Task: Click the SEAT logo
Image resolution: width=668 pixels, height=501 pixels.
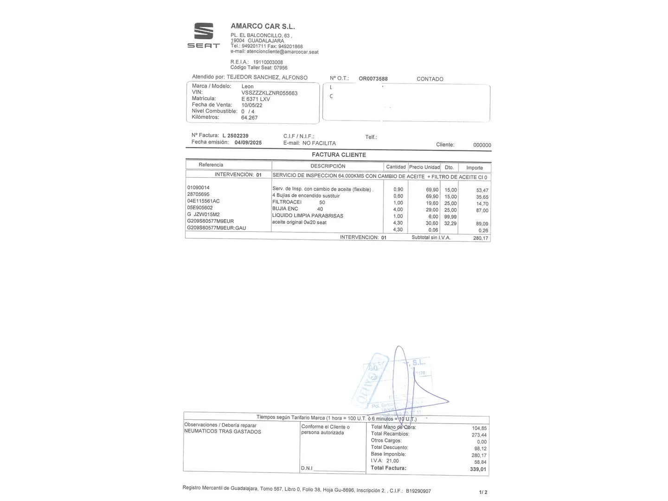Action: (x=203, y=35)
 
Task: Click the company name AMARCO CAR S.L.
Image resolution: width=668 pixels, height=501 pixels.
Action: (x=263, y=26)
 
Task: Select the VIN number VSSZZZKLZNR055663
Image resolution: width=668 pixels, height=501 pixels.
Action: (x=270, y=93)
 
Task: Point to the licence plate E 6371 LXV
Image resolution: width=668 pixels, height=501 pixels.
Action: (x=256, y=99)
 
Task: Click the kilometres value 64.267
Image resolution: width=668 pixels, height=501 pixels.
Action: (x=249, y=118)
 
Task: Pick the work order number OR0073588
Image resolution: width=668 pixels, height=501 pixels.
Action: (x=373, y=79)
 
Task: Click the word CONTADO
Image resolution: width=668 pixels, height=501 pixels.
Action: (x=430, y=79)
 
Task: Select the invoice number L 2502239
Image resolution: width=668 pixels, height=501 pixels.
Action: (x=235, y=136)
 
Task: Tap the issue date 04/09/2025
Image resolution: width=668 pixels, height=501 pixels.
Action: (x=248, y=143)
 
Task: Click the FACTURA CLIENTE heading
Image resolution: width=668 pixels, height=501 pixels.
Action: (x=339, y=155)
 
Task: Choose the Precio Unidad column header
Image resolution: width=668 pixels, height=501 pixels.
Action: (x=424, y=167)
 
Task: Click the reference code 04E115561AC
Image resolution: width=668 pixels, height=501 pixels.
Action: (x=203, y=201)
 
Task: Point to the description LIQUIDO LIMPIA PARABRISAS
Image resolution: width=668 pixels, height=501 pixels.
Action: (x=308, y=216)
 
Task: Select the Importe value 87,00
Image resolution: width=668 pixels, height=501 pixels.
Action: (x=482, y=211)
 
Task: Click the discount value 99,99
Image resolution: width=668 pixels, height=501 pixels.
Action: (x=450, y=217)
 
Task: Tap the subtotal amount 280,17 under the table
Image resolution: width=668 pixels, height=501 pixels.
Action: (x=481, y=238)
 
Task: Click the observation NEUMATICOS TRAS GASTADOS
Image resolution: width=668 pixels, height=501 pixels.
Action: (x=223, y=432)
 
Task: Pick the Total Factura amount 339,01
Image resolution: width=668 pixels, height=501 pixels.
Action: (x=478, y=469)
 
